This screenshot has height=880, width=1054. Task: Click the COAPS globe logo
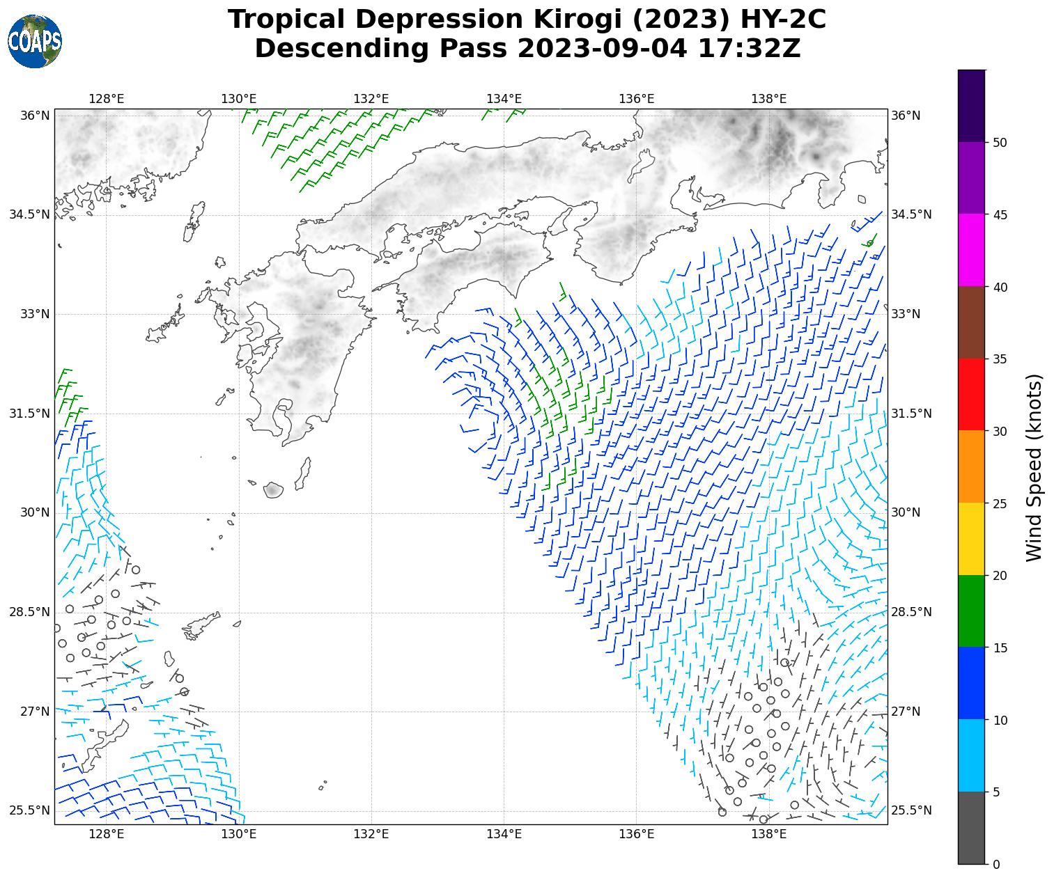coord(35,42)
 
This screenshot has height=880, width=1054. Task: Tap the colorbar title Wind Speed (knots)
coord(1035,467)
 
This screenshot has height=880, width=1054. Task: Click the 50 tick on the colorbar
coord(1000,143)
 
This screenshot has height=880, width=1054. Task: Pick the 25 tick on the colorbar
coord(1000,503)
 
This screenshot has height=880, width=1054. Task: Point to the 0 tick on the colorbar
coord(995,864)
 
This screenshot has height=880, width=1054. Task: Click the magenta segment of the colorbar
coord(972,250)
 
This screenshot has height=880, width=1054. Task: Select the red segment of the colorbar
coord(972,394)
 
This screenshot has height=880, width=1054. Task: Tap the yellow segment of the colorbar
coord(972,539)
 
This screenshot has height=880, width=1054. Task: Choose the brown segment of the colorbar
coord(972,322)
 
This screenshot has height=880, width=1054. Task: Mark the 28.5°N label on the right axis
coord(911,612)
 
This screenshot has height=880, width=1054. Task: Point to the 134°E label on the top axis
coord(504,99)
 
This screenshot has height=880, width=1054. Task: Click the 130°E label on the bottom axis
coord(239,834)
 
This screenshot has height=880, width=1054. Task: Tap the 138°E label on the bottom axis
coord(769,834)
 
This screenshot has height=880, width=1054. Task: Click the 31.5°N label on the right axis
coord(911,414)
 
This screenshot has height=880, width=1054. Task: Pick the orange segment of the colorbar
coord(972,466)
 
